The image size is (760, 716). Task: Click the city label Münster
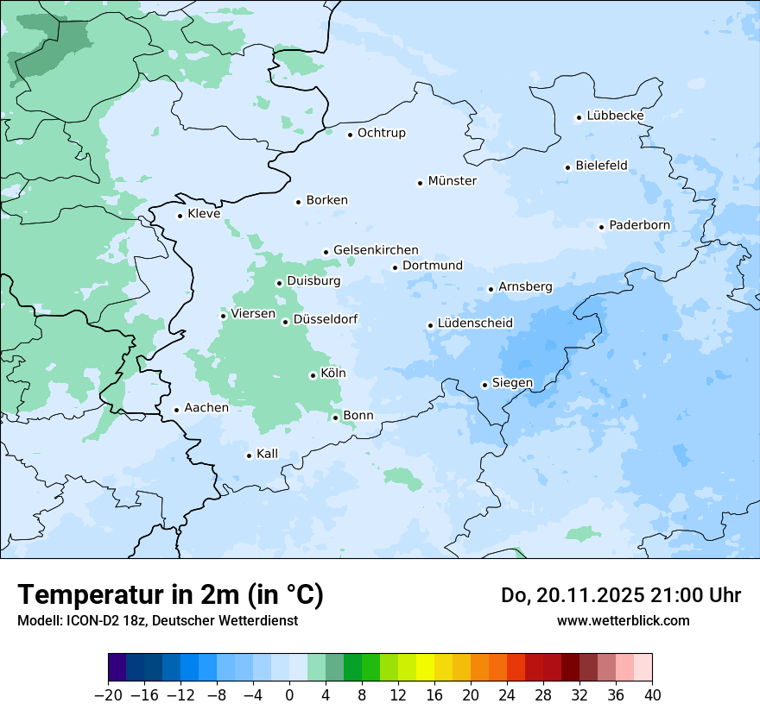coord(452,181)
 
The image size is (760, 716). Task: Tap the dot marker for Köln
coord(313,375)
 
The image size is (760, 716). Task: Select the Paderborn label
coord(639,225)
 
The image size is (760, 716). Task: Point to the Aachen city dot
coord(176,411)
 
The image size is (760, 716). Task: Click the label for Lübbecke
coord(615,116)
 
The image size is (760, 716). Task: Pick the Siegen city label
coord(512,383)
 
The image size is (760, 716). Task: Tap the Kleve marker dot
coord(180,216)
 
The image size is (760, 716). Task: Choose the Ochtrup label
coord(381,133)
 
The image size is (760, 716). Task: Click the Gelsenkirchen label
coord(376,250)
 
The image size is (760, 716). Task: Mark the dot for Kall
coord(249,455)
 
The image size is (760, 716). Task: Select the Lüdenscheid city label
coord(475,323)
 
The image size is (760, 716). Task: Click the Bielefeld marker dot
coord(567,167)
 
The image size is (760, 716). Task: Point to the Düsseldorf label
coord(326,319)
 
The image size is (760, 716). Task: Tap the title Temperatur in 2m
coord(170,594)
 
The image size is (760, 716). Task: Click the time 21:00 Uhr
coord(680,595)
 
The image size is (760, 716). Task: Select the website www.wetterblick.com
coord(623,620)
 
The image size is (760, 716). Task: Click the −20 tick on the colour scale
coord(109,695)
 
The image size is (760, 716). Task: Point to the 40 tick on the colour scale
coord(652,695)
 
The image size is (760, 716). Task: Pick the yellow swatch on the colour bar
coord(425,668)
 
